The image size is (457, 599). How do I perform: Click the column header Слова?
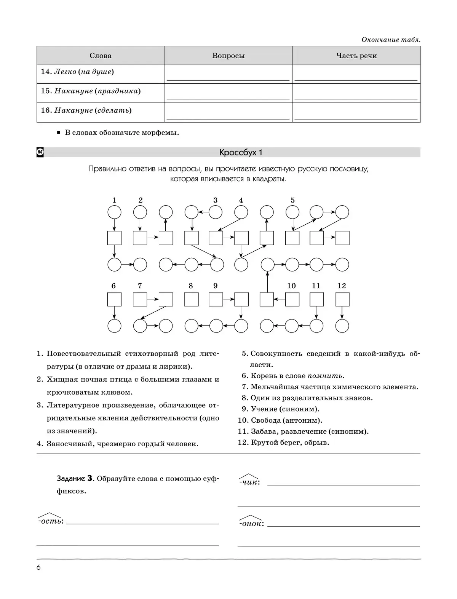click(x=101, y=56)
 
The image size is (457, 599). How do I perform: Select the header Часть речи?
click(x=356, y=56)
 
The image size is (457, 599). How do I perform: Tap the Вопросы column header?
click(x=228, y=56)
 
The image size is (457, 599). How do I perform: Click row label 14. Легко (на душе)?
click(x=77, y=72)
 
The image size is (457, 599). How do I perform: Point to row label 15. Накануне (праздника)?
click(x=91, y=91)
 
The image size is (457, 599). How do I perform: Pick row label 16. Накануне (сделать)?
click(x=86, y=110)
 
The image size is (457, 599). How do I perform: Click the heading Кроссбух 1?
click(x=241, y=153)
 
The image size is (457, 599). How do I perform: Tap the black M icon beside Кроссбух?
click(x=40, y=152)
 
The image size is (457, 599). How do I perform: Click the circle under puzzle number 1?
click(x=114, y=212)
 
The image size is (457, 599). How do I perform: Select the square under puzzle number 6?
click(x=114, y=299)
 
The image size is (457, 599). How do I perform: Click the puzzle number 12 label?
click(x=342, y=286)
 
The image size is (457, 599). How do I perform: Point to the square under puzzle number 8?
click(x=191, y=299)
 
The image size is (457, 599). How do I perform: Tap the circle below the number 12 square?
click(x=342, y=326)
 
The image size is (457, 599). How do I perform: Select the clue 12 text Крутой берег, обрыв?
click(x=290, y=442)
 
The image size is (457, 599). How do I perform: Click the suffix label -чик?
click(x=249, y=482)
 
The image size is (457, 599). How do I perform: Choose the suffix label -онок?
click(x=251, y=523)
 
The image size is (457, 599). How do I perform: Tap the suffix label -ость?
click(x=50, y=521)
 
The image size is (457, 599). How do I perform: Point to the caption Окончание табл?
click(x=391, y=40)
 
